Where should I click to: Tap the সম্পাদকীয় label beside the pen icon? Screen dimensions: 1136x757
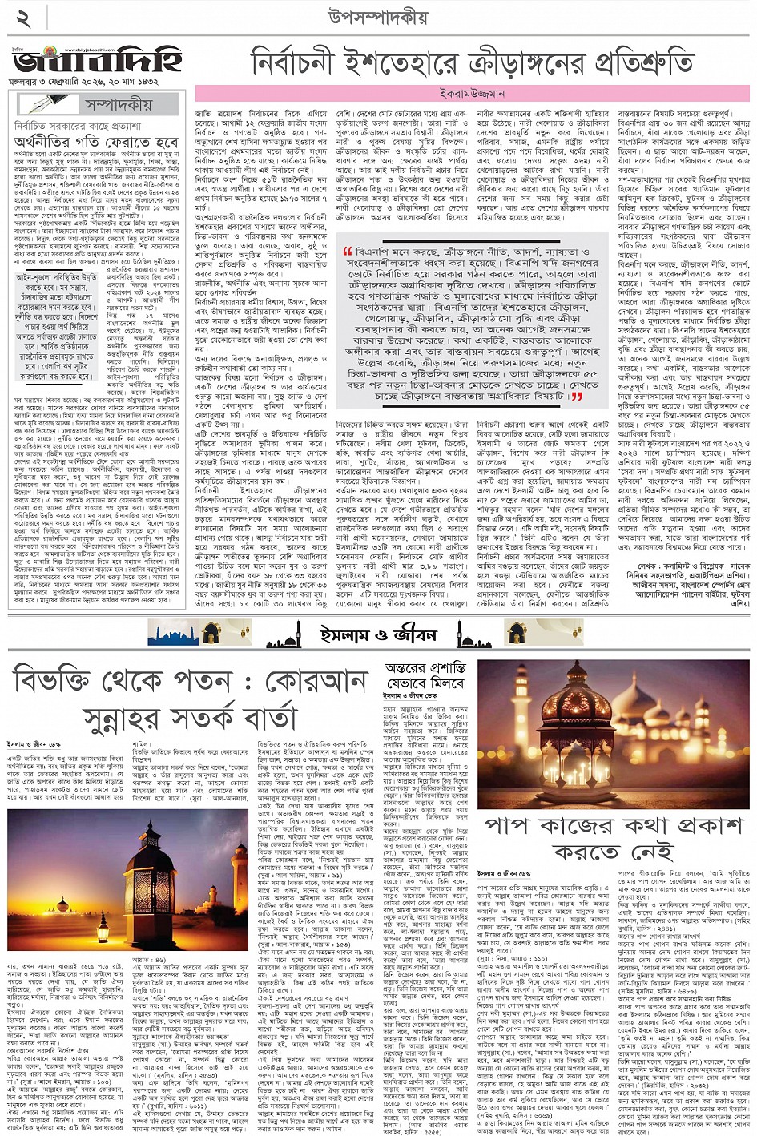(x=117, y=104)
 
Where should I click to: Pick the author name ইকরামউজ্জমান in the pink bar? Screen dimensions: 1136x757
(x=473, y=93)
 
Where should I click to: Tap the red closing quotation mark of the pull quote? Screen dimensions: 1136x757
(x=576, y=396)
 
